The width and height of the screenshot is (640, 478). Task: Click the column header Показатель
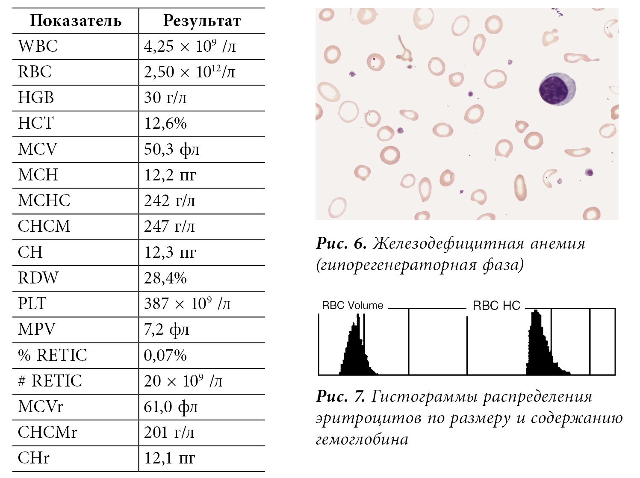76,21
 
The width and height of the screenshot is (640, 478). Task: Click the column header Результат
202,21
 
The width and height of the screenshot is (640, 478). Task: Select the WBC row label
38,46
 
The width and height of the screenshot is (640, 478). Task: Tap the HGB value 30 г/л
165,98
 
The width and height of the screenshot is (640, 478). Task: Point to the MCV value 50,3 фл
172,149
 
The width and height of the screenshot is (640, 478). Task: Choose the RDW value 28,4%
165,278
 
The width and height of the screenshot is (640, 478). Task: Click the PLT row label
32,304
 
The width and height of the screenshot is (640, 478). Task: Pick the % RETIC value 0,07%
165,355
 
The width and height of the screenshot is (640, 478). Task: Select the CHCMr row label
47,432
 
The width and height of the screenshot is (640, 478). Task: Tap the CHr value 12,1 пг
170,458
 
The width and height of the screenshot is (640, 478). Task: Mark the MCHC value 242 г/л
170,201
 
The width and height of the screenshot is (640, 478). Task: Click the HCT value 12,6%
165,124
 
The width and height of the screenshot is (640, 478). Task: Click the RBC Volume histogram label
352,306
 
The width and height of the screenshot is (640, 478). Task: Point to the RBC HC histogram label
496,306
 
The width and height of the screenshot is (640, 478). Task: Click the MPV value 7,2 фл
166,330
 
